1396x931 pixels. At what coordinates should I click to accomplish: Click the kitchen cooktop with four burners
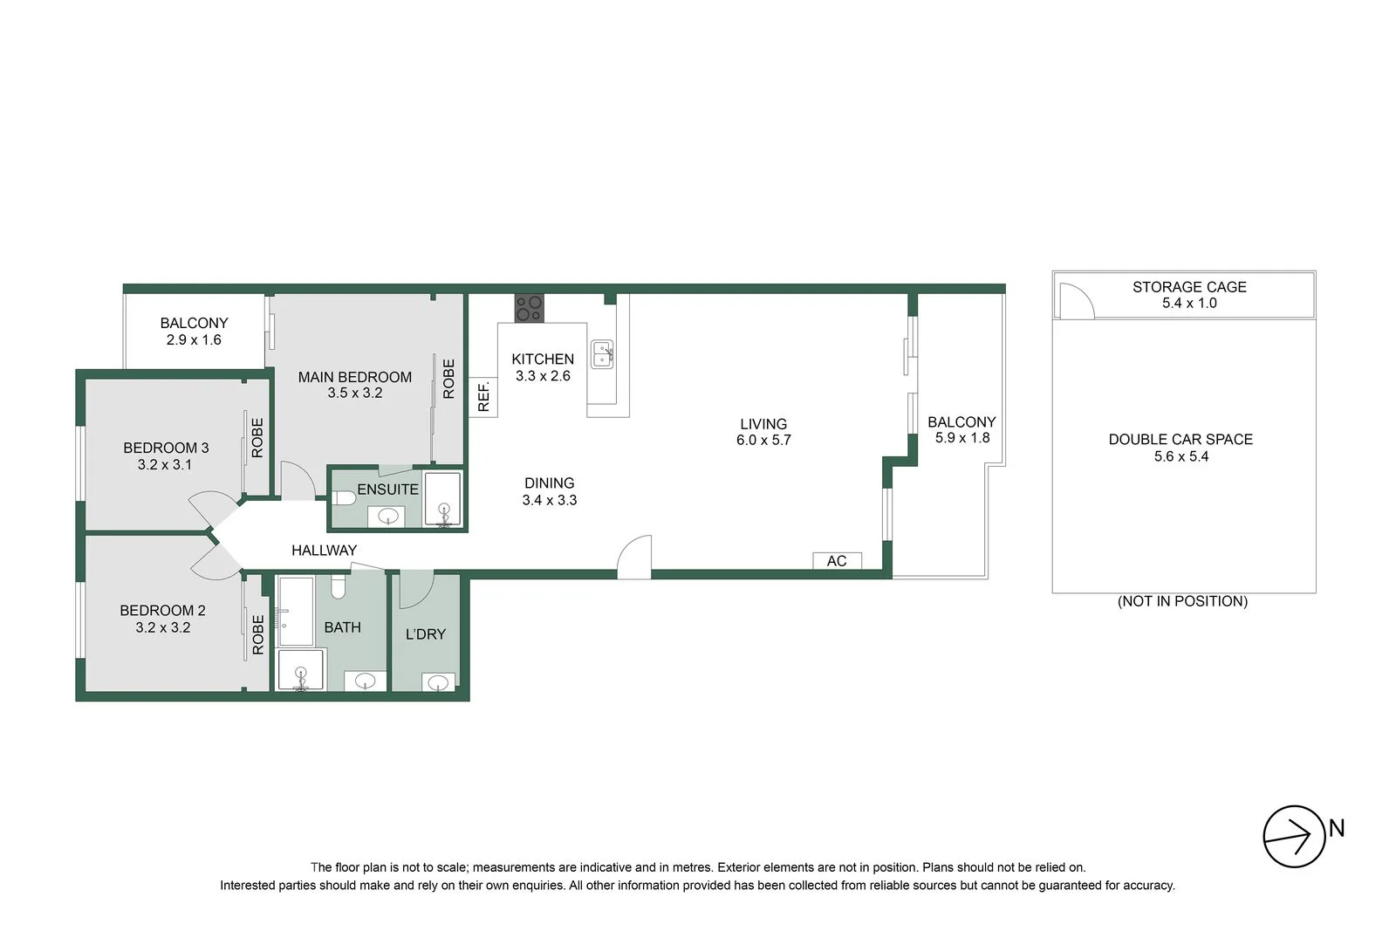coord(529,308)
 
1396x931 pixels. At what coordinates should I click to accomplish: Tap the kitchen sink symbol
coord(602,353)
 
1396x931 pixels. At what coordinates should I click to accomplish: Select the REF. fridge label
coord(483,397)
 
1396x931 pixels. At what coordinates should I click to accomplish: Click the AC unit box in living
coord(837,561)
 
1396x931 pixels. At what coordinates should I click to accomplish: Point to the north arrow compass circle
coord(1294,836)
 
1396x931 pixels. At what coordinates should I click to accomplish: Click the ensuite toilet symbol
coord(343,498)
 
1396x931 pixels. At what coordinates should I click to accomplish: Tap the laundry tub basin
coord(439,681)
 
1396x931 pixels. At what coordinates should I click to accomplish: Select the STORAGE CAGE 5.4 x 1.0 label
coord(1188,295)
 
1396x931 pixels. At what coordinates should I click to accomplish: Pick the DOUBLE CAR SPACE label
coord(1180,448)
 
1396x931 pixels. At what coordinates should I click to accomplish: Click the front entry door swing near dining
coord(634,557)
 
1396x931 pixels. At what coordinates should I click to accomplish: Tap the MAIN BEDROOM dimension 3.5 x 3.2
coord(354,394)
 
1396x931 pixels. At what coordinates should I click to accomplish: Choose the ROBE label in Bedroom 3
coord(257,438)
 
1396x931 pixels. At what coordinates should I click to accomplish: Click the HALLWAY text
coord(324,551)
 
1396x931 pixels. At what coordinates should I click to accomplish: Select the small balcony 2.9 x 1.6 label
coord(194,332)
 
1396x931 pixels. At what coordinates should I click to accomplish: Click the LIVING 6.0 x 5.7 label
coord(763,432)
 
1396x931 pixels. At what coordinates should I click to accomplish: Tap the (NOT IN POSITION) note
coord(1182,601)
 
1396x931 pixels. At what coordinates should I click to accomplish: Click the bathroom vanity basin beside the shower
coord(365,681)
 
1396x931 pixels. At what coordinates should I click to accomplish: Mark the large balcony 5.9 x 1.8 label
coord(961,430)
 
